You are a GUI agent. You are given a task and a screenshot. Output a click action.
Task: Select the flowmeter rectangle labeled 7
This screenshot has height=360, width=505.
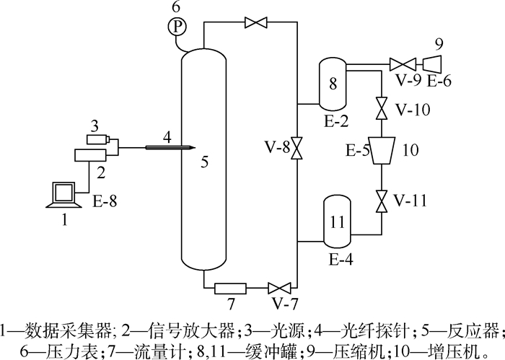(230, 289)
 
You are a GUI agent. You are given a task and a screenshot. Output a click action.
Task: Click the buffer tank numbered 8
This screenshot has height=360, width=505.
(333, 83)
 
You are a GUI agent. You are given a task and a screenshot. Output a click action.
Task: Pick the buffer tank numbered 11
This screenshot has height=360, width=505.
(336, 221)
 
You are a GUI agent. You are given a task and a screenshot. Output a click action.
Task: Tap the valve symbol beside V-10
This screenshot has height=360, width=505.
(379, 110)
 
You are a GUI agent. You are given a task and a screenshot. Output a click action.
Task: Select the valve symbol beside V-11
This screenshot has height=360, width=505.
(379, 199)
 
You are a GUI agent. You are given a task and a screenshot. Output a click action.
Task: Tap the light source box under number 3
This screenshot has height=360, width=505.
(97, 139)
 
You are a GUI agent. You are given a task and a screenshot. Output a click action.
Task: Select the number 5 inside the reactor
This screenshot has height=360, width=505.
(205, 163)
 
